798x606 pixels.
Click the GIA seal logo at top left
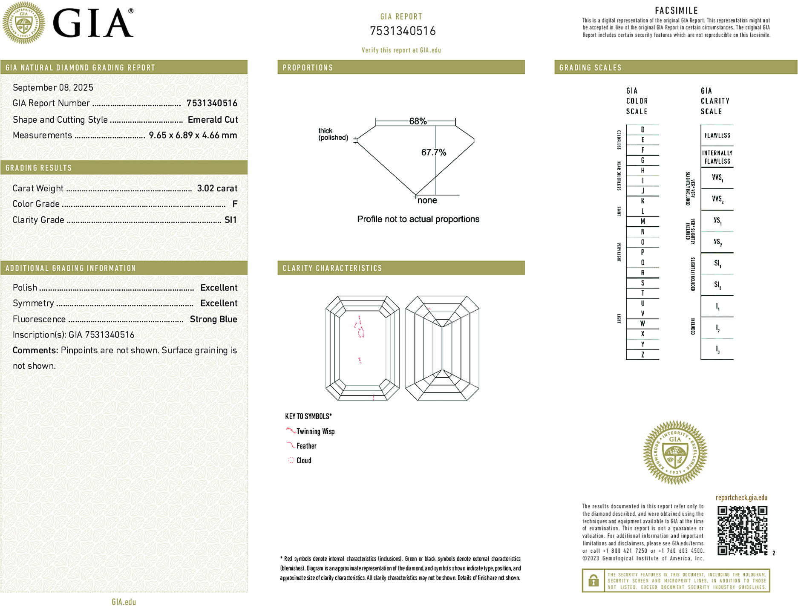coord(24,23)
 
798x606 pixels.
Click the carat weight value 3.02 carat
coord(217,188)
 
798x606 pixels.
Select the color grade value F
coord(235,204)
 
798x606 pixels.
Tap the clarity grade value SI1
coord(230,220)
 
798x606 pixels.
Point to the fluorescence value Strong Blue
coord(213,319)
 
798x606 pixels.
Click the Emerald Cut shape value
coord(213,120)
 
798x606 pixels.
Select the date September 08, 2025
coord(53,87)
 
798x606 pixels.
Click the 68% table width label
coord(418,121)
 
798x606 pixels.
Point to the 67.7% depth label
coord(433,152)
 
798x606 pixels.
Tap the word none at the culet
coord(427,200)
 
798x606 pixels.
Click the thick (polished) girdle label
coord(333,134)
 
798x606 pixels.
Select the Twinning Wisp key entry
coord(315,431)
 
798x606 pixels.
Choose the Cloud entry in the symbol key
coord(304,460)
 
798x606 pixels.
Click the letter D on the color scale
coord(642,130)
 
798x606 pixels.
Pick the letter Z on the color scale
coord(642,355)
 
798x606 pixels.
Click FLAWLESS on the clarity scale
coord(717,136)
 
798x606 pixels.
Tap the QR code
coord(742,531)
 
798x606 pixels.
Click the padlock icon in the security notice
coord(593,580)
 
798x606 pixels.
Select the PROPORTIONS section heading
coord(308,68)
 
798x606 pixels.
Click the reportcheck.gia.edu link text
coord(741,497)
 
